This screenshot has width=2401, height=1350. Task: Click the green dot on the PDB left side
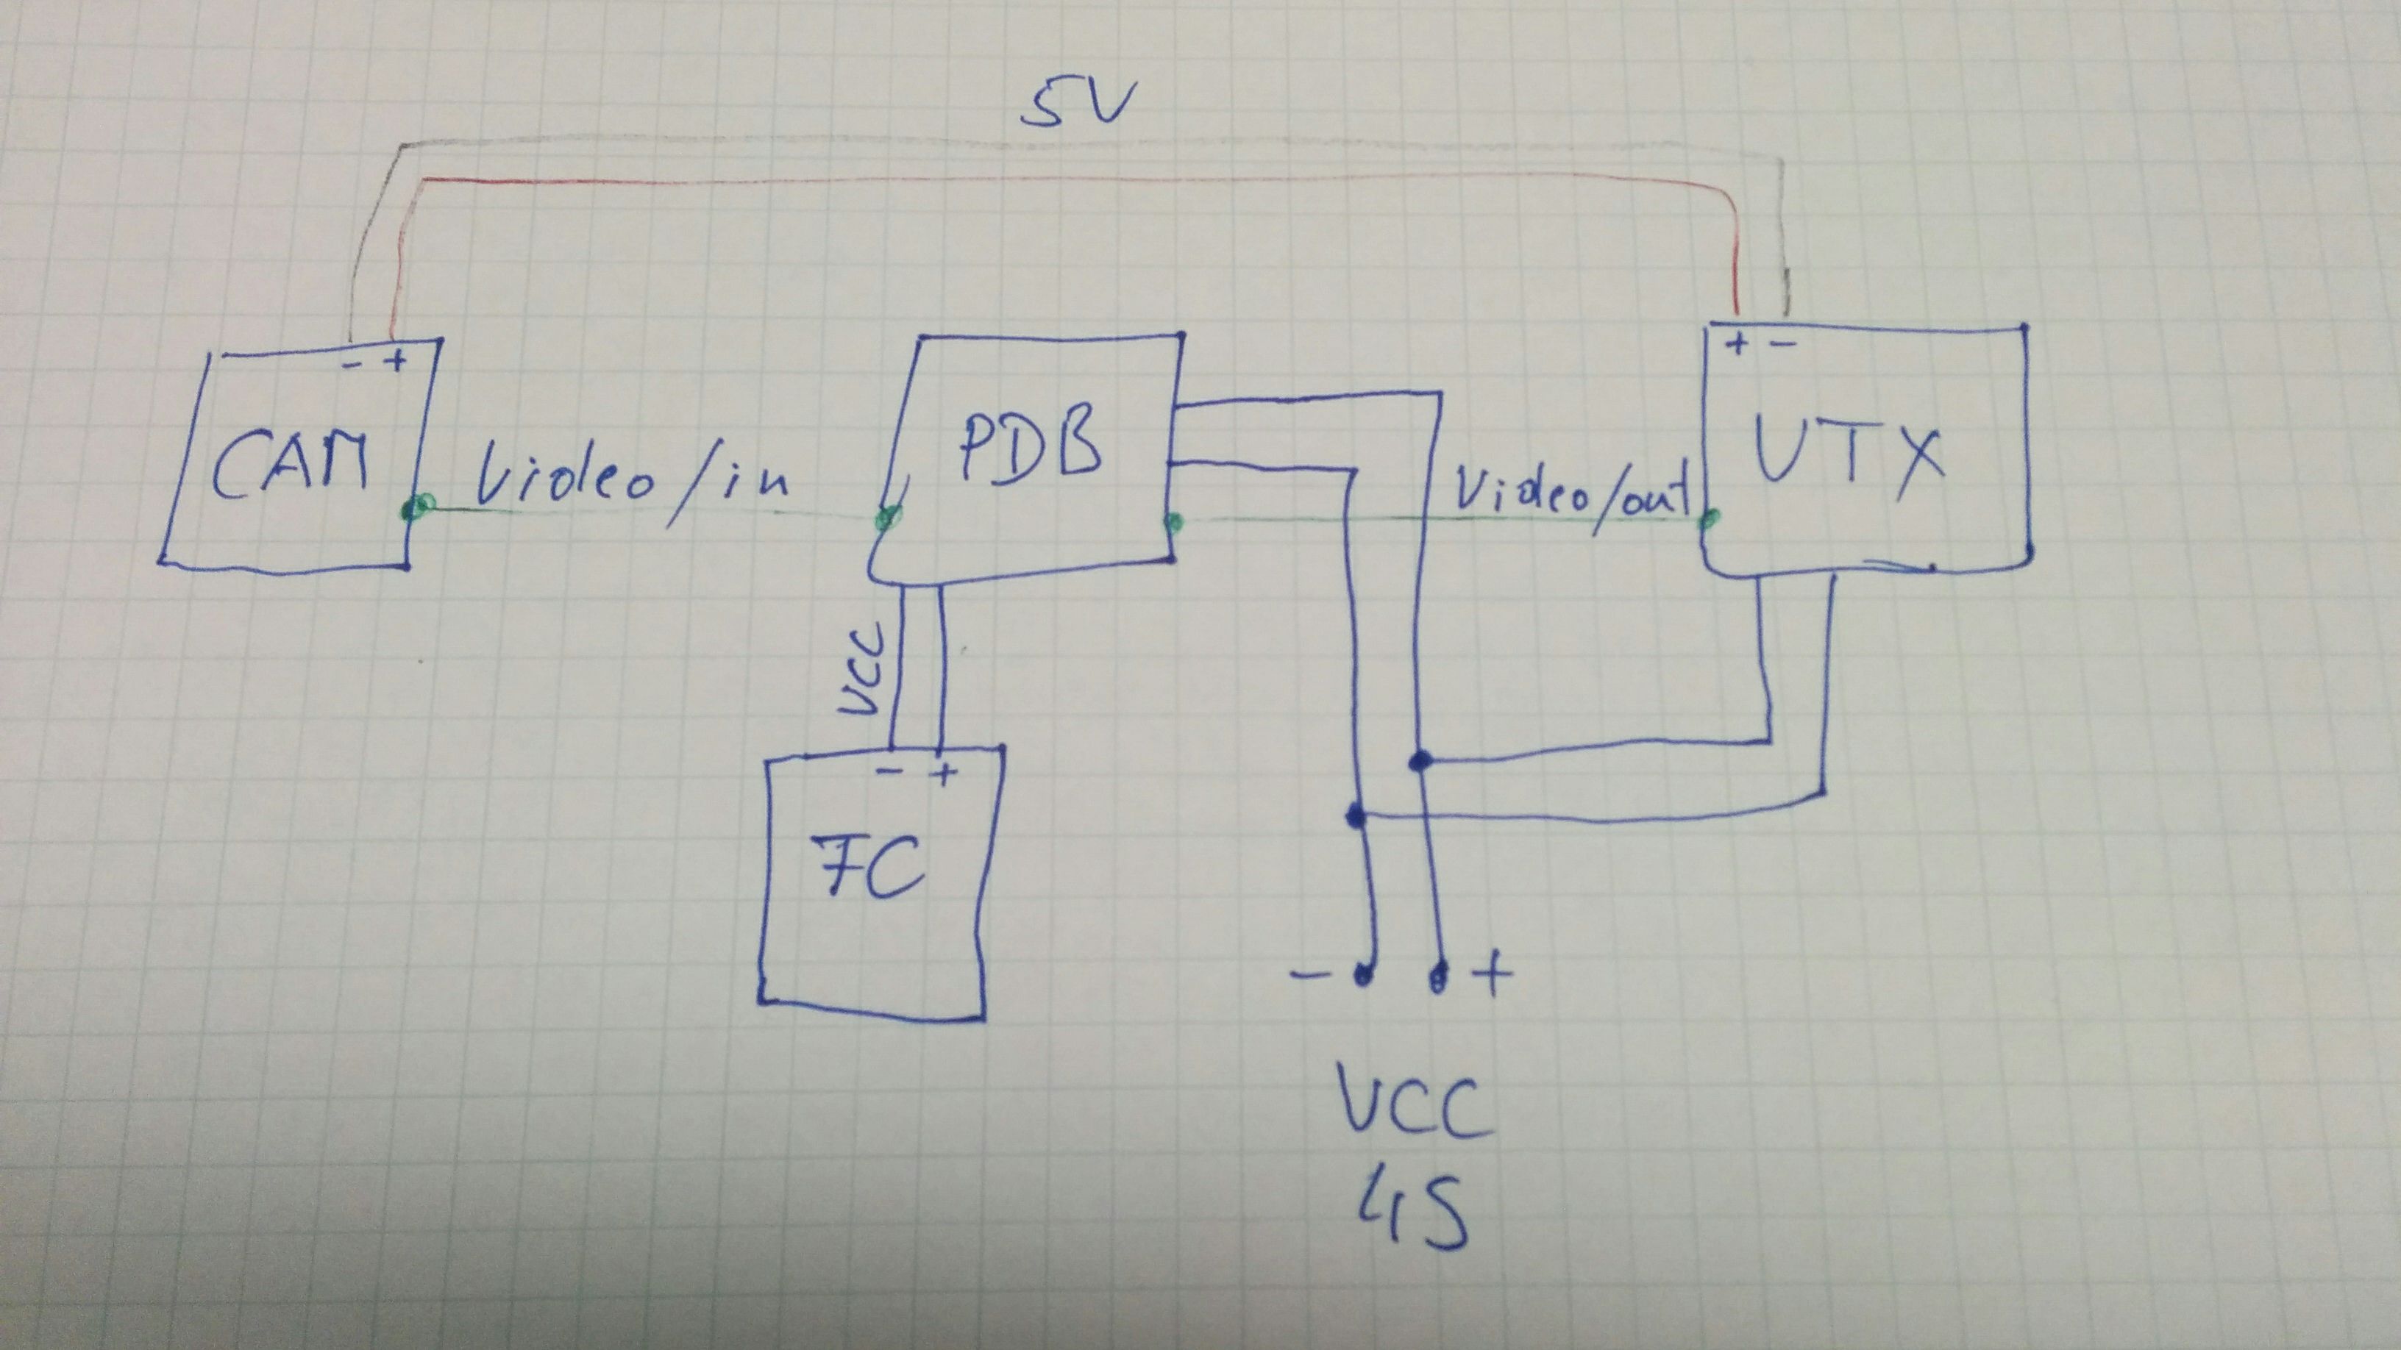(x=886, y=518)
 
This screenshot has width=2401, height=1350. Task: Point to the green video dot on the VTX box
(x=1710, y=519)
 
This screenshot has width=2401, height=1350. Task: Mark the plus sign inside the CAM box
(x=397, y=360)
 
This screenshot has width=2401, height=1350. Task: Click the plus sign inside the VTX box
(x=1737, y=345)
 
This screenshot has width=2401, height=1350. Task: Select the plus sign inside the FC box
(x=945, y=774)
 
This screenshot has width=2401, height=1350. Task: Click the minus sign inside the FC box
(x=890, y=771)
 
